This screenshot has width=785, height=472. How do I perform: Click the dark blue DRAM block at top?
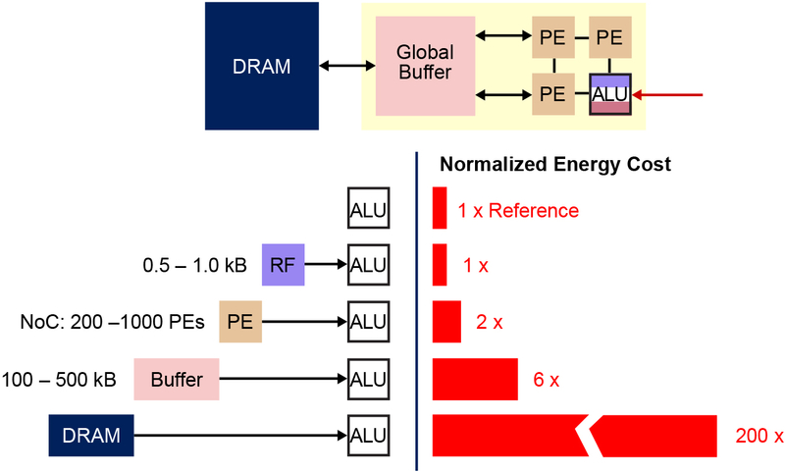pos(262,66)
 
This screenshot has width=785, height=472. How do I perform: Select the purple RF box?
pos(283,265)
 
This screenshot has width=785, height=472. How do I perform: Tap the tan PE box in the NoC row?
pos(240,320)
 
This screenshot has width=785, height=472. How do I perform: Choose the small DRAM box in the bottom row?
pos(90,435)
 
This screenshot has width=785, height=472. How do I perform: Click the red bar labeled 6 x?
pos(475,379)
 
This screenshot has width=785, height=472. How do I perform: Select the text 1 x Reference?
pos(518,211)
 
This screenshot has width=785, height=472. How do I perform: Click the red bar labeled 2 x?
pos(447,321)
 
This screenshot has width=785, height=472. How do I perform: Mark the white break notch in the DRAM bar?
pos(586,435)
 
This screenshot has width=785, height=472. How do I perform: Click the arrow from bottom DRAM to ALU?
pos(240,435)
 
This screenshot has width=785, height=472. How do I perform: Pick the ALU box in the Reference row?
pos(369,209)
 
